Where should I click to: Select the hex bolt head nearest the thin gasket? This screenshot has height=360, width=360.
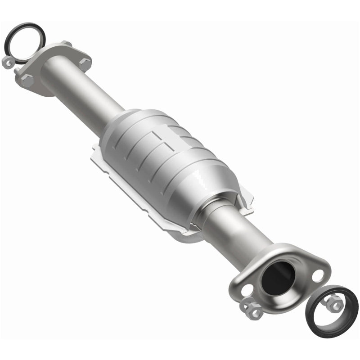[27, 80]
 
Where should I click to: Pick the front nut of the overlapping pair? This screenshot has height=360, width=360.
[255, 311]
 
